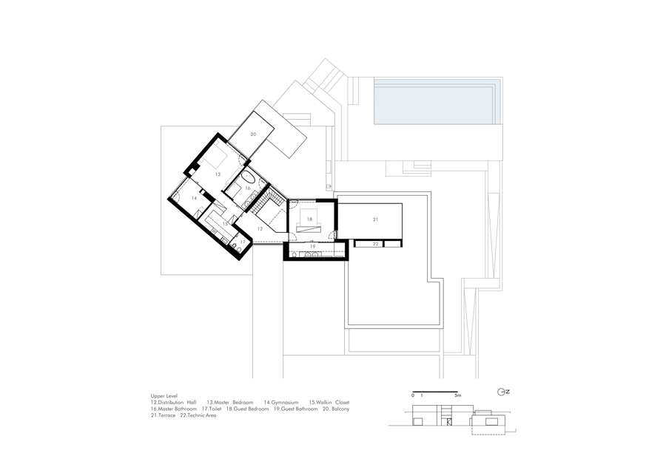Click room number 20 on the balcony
252,134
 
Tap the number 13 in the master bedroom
218,174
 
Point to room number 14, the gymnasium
193,198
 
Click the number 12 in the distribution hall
260,229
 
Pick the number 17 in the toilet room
242,242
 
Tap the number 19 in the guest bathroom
312,247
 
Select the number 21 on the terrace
375,220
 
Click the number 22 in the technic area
375,243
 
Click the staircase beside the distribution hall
275,200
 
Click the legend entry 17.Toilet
214,409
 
